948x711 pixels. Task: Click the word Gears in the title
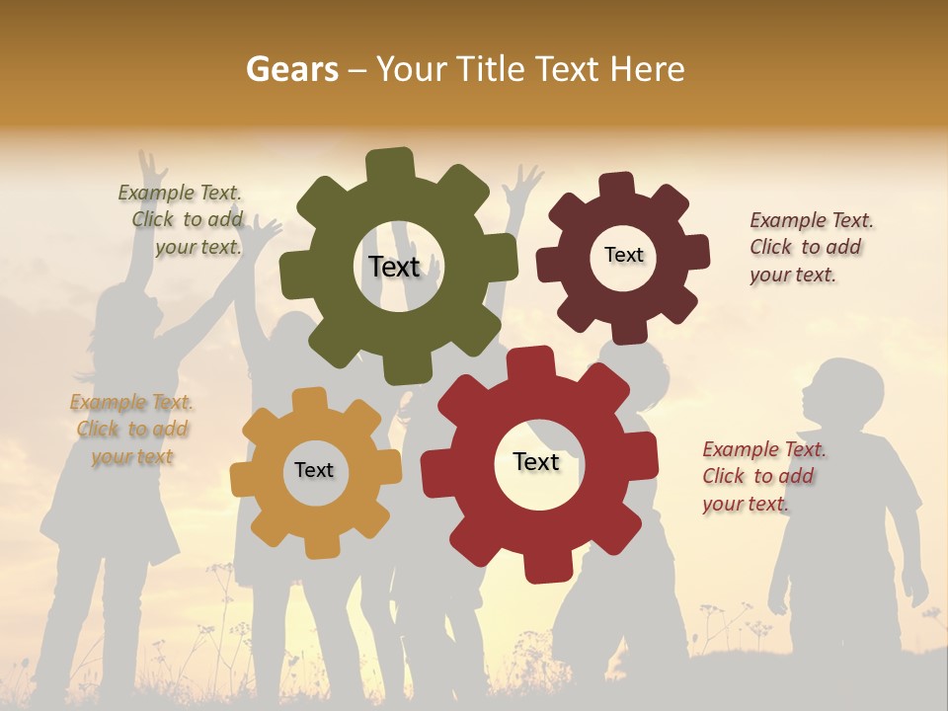[291, 69]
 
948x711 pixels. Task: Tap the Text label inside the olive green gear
[394, 267]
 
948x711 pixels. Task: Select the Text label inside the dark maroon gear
[623, 255]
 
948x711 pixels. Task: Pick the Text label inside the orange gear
[314, 470]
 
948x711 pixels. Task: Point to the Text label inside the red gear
[536, 461]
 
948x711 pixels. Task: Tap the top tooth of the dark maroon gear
[617, 186]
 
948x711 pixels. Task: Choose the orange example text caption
[131, 429]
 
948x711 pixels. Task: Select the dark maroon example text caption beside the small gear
[811, 247]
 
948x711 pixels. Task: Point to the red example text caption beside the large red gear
[763, 476]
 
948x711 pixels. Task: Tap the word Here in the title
[647, 69]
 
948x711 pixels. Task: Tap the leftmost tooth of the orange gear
[242, 479]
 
